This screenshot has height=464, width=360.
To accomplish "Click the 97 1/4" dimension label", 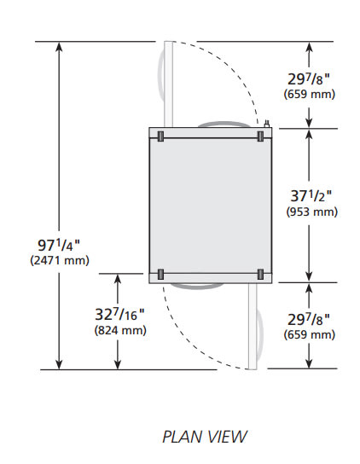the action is pos(59,245).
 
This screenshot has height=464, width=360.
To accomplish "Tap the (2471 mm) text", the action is pos(60,260).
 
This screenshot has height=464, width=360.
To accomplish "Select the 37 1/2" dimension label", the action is pos(311,195).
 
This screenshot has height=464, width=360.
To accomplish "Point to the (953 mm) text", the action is pos(311,212).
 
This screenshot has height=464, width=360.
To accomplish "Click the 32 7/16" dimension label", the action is pos(120,314).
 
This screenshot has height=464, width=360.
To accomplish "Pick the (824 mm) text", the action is pos(120,330).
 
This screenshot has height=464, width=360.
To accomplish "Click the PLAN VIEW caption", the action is pos(205,437).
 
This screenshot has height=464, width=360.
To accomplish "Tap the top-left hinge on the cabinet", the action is pos(160,136).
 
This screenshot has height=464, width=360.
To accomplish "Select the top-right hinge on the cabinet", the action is pos(260,136).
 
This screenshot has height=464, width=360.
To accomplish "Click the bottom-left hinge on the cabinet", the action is pos(160,275).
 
